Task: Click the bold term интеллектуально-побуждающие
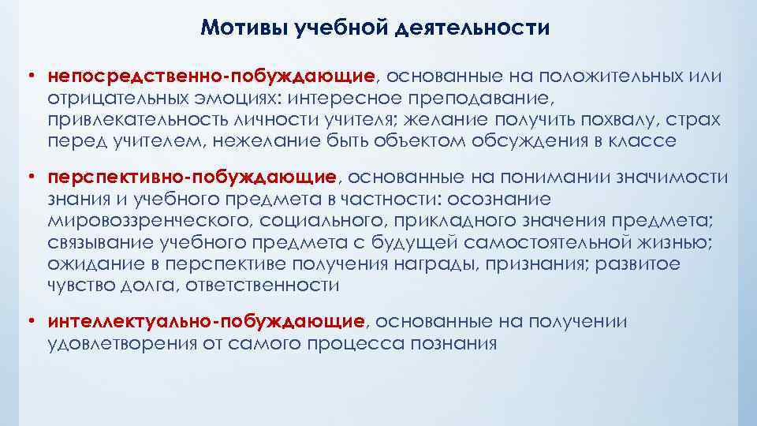206,322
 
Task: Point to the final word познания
455,344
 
